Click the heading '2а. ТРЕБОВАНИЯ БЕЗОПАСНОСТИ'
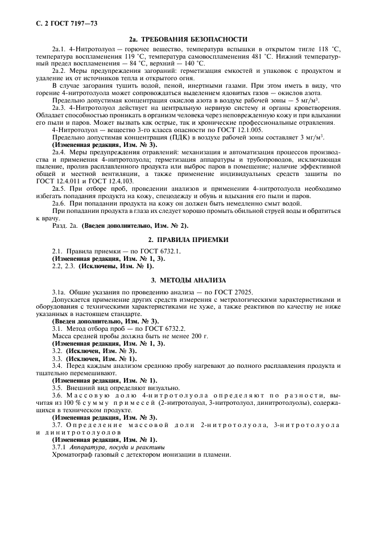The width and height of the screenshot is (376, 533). click(x=188, y=39)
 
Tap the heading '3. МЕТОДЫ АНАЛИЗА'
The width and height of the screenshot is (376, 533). click(x=188, y=280)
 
